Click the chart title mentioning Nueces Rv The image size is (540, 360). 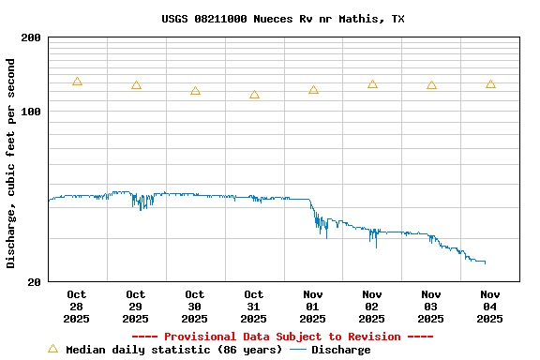pos(282,19)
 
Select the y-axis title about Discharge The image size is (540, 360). pos(11,163)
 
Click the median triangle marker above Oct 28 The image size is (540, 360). pos(77,82)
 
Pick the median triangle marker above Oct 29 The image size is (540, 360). pos(136,85)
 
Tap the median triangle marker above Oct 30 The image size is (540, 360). pos(195,91)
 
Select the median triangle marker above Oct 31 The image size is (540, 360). pos(254,95)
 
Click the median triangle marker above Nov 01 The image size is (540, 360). pos(313,90)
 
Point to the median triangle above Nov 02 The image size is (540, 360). pos(372,84)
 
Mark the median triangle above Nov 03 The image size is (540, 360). pos(431,85)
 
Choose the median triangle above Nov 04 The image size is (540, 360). pos(490,84)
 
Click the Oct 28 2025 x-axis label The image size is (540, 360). pos(77,307)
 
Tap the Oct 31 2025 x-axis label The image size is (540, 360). pos(254,307)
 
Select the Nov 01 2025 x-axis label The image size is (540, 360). pos(313,307)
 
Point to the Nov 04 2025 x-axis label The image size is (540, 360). pos(490,307)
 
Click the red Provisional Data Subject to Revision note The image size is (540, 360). pos(282,337)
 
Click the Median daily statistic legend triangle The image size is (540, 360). pos(52,349)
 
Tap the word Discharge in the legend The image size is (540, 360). pos(340,350)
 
